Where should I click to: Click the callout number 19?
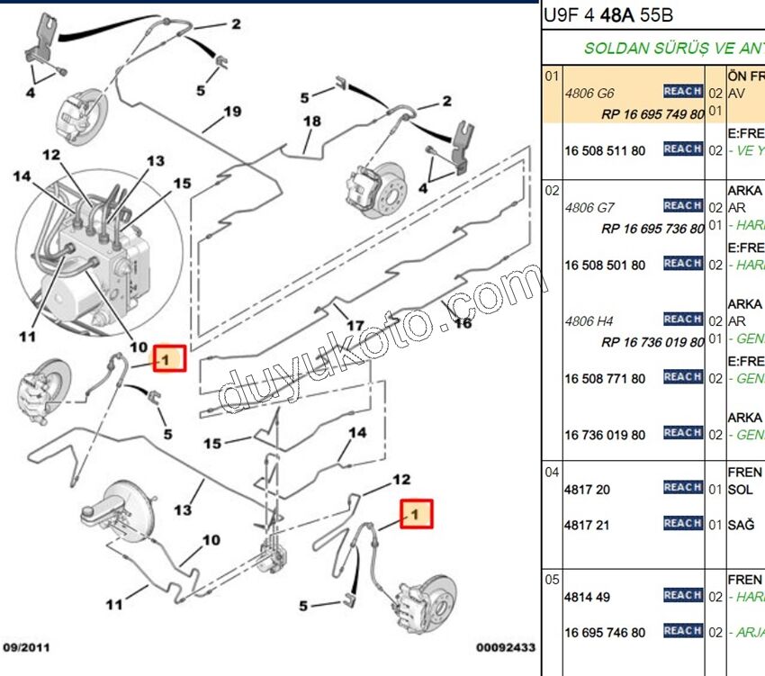point(232,113)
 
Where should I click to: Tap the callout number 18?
point(311,122)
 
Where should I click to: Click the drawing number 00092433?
point(506,647)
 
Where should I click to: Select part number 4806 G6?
point(589,92)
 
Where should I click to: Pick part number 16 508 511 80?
point(605,150)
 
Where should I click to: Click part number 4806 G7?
point(589,207)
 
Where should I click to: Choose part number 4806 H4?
point(589,320)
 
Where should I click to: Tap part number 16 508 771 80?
point(605,378)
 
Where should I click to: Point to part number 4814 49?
point(588,596)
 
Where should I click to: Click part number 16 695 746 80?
point(605,632)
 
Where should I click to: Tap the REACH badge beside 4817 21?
point(682,523)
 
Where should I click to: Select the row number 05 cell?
point(553,580)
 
